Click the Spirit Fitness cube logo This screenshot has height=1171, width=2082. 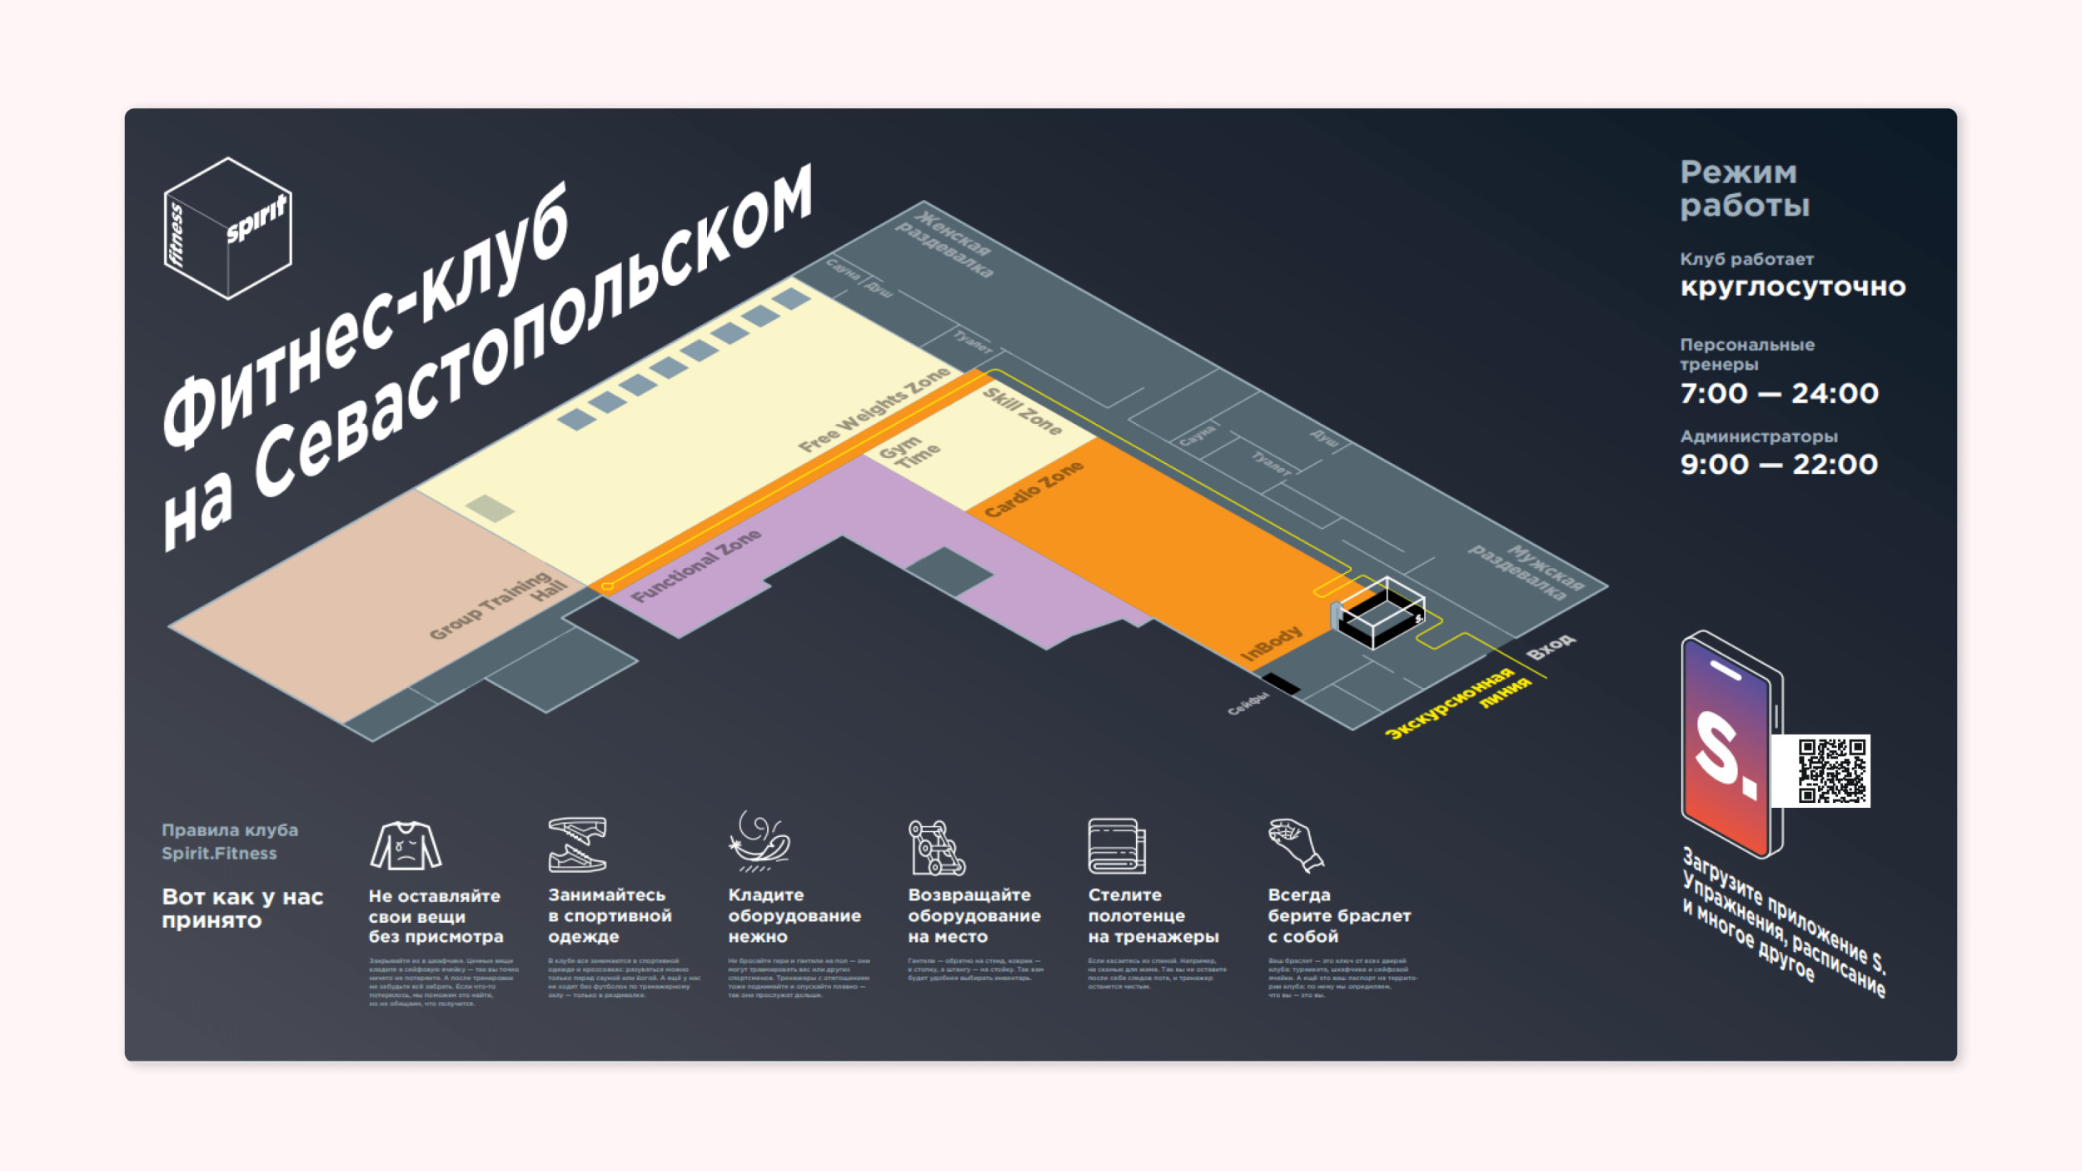coord(227,228)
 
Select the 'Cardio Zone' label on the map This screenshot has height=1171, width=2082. coord(1034,489)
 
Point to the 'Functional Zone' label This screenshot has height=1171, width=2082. coord(695,566)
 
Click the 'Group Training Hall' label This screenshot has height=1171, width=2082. coord(498,605)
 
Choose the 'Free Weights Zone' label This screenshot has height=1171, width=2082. coord(874,410)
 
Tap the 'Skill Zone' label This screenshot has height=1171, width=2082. coord(1022,411)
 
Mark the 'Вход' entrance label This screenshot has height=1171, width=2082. coord(1550,646)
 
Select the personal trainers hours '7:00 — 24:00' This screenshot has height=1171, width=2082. coord(1779,393)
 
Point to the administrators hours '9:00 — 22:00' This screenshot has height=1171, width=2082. coord(1779,464)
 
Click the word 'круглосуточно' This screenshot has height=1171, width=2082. coord(1792,287)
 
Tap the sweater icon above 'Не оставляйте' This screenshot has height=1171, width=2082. coord(406,845)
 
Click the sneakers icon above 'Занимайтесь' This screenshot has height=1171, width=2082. coord(577,845)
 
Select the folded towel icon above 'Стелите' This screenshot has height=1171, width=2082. coord(1116,845)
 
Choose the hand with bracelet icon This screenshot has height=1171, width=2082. coord(1295,845)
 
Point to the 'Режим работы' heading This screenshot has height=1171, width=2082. coord(1744,189)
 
